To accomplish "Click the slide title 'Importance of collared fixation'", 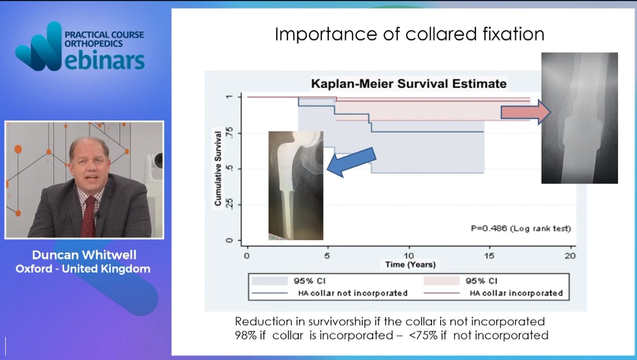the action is tap(410, 34).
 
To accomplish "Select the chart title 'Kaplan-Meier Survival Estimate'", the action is tap(409, 84).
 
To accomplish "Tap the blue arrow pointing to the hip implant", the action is tap(352, 162).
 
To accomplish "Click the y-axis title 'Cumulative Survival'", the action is tap(218, 168).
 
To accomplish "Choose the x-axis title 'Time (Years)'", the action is tap(410, 265).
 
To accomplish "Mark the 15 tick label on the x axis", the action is tap(489, 256).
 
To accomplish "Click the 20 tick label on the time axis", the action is tap(570, 256).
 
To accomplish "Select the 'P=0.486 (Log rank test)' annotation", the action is tap(521, 228).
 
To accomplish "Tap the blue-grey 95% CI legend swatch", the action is tap(269, 281).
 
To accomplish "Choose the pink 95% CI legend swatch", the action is tap(441, 281).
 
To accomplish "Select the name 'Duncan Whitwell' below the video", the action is tap(84, 255).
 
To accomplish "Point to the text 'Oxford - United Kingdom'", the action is tap(83, 269).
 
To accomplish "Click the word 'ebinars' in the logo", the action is tap(105, 60).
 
